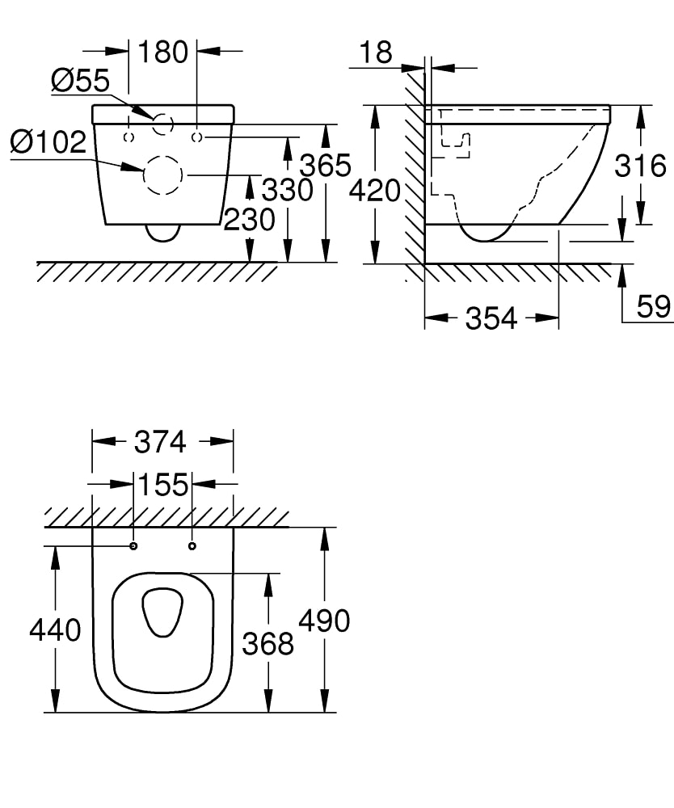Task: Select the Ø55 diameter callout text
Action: [x=80, y=80]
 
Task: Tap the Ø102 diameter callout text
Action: [x=48, y=142]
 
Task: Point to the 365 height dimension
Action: [x=326, y=165]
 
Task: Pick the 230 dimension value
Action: [x=249, y=219]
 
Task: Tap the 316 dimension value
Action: [x=640, y=166]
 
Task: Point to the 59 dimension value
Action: [x=653, y=307]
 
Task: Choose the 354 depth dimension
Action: [x=491, y=318]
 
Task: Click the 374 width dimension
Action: [x=160, y=442]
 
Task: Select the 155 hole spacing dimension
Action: [x=162, y=485]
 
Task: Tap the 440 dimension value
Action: [x=55, y=629]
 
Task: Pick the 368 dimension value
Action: [x=267, y=643]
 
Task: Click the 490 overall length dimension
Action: [x=324, y=621]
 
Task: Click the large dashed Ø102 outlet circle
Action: [x=162, y=175]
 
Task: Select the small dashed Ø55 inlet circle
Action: [x=163, y=124]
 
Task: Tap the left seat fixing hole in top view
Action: [x=133, y=547]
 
